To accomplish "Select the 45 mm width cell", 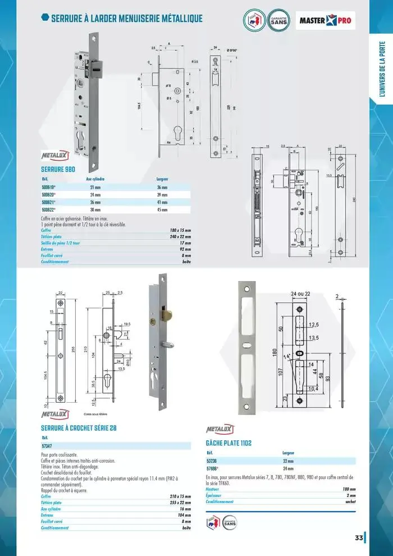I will [162, 209].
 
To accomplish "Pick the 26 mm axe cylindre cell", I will [95, 202].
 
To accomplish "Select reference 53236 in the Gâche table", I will [214, 460].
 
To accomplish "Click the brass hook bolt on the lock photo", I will [166, 312].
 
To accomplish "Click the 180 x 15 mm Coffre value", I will [181, 230].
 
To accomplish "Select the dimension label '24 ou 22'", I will [301, 294].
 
